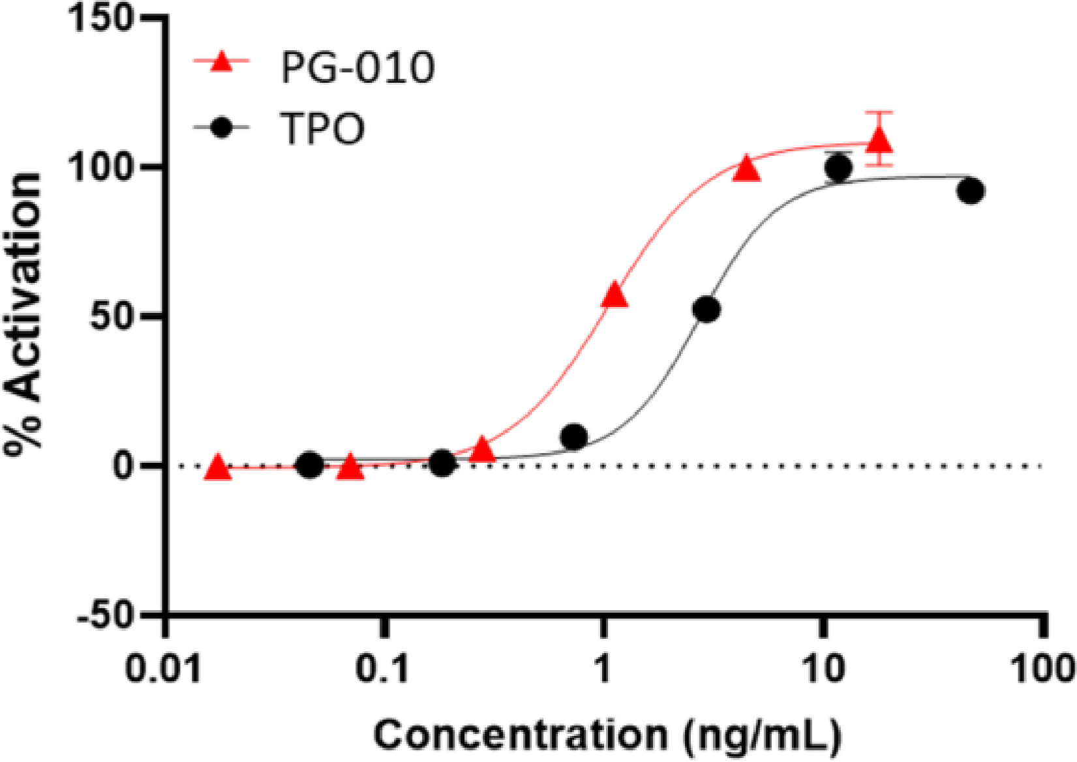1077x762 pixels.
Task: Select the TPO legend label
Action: (322, 128)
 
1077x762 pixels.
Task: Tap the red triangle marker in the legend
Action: (222, 63)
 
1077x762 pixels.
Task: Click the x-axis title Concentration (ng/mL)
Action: (607, 735)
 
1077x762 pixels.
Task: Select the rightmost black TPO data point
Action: (971, 192)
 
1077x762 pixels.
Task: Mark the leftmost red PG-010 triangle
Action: (218, 468)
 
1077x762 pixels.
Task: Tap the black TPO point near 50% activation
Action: (706, 310)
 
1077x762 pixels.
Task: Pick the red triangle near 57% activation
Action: (615, 296)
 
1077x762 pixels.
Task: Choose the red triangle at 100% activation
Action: (747, 170)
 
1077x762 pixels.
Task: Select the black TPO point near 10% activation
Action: (574, 437)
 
